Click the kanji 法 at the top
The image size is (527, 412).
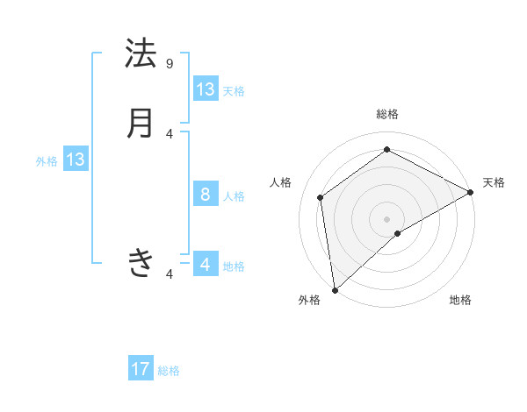click(x=141, y=54)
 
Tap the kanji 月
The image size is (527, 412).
click(x=141, y=124)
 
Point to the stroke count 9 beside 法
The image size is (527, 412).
click(x=170, y=64)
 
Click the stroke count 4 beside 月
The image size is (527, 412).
click(x=170, y=133)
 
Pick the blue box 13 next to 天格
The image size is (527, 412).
click(x=206, y=89)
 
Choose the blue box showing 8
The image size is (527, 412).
click(x=206, y=195)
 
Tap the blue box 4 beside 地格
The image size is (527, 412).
click(x=206, y=264)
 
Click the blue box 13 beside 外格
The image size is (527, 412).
click(x=76, y=160)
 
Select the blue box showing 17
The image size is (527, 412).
click(x=141, y=369)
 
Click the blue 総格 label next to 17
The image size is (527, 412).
click(x=169, y=371)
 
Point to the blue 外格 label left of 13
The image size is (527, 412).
click(x=47, y=161)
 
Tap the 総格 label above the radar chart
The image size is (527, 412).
click(x=386, y=114)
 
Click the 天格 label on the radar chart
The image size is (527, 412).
click(x=494, y=182)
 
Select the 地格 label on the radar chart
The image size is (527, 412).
click(x=460, y=300)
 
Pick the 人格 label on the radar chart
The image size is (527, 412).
click(x=281, y=182)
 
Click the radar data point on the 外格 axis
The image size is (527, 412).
click(x=335, y=289)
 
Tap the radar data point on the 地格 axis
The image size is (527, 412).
click(x=398, y=233)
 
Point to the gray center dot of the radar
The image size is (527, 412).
click(x=386, y=218)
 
